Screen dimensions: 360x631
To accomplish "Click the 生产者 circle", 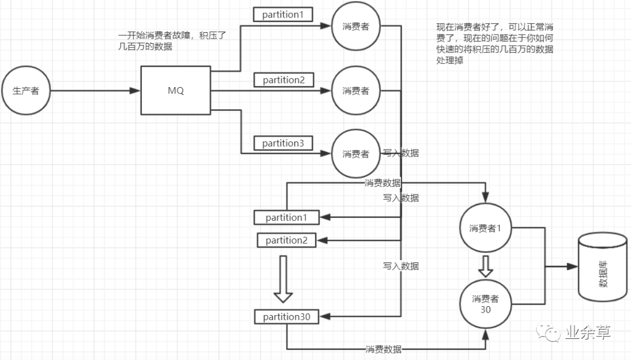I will click(x=25, y=91).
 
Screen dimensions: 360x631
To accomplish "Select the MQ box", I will click(x=176, y=91).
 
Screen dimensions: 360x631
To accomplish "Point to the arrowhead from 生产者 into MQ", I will click(x=135, y=91).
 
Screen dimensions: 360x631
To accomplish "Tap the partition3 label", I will click(x=283, y=143).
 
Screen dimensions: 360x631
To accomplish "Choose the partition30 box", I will click(x=287, y=317).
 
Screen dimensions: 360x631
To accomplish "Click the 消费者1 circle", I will click(x=486, y=228).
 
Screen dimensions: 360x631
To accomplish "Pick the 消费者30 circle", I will click(x=486, y=303).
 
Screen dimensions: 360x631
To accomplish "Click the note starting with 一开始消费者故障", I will click(x=172, y=41).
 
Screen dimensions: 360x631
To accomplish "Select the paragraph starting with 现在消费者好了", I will click(x=494, y=44).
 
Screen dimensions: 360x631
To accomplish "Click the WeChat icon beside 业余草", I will click(x=553, y=334).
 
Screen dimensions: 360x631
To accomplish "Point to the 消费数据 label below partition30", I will click(x=383, y=349).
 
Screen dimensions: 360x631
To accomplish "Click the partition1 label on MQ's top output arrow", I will click(x=283, y=15).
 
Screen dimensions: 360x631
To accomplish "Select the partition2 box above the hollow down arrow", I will click(x=287, y=240).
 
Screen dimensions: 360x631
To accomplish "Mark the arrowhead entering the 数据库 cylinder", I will click(x=572, y=266).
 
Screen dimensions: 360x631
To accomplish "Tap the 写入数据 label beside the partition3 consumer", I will click(x=401, y=153).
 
